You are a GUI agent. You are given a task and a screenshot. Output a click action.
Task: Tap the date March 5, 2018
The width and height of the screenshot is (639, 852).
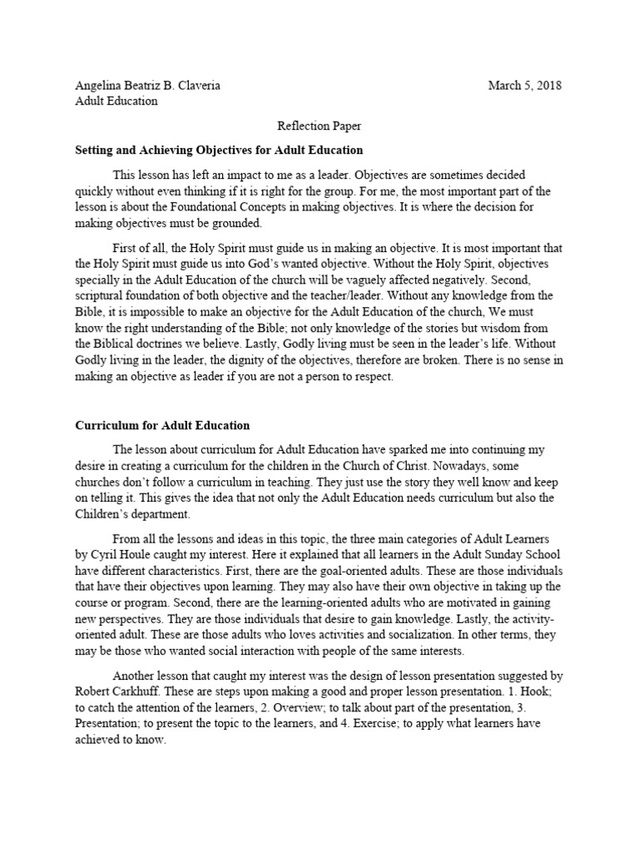[x=525, y=86]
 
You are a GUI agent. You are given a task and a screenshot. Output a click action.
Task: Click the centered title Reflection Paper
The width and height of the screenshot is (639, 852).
[x=319, y=126]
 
